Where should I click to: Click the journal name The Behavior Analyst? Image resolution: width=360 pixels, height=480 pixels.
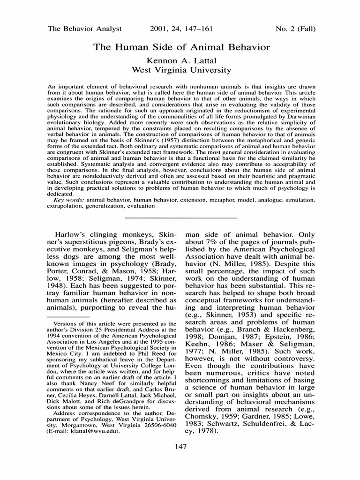tap(85, 29)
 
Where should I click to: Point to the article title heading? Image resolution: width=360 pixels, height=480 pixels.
tap(182, 47)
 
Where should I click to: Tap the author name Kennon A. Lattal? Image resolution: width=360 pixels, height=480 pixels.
tap(182, 60)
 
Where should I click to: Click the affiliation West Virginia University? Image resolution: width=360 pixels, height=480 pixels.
tap(182, 70)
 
